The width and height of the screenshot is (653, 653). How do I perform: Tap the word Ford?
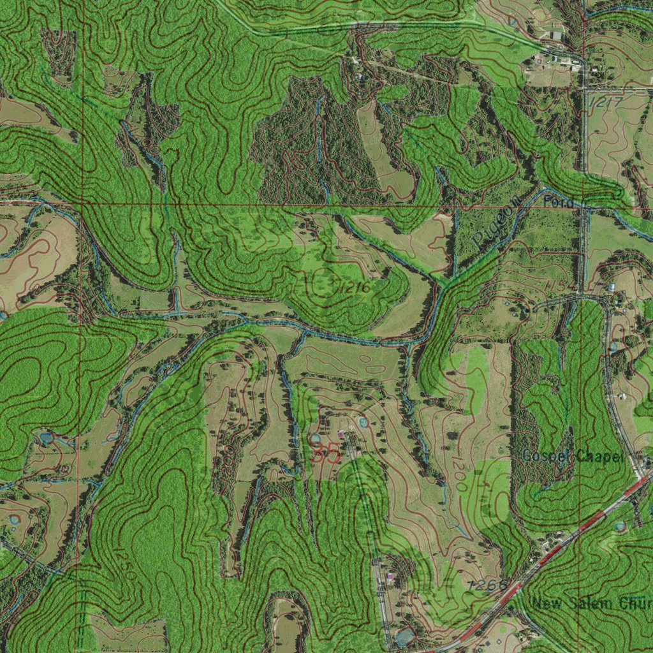559,202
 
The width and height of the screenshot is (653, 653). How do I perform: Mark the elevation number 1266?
487,585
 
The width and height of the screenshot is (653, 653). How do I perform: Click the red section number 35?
325,454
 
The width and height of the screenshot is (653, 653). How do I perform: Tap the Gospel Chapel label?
572,456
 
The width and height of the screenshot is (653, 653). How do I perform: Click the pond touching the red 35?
316,439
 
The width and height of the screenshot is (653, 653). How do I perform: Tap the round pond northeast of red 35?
363,422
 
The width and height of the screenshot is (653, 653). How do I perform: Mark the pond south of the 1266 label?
404,636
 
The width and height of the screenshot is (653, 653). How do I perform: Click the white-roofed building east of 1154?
612,287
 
